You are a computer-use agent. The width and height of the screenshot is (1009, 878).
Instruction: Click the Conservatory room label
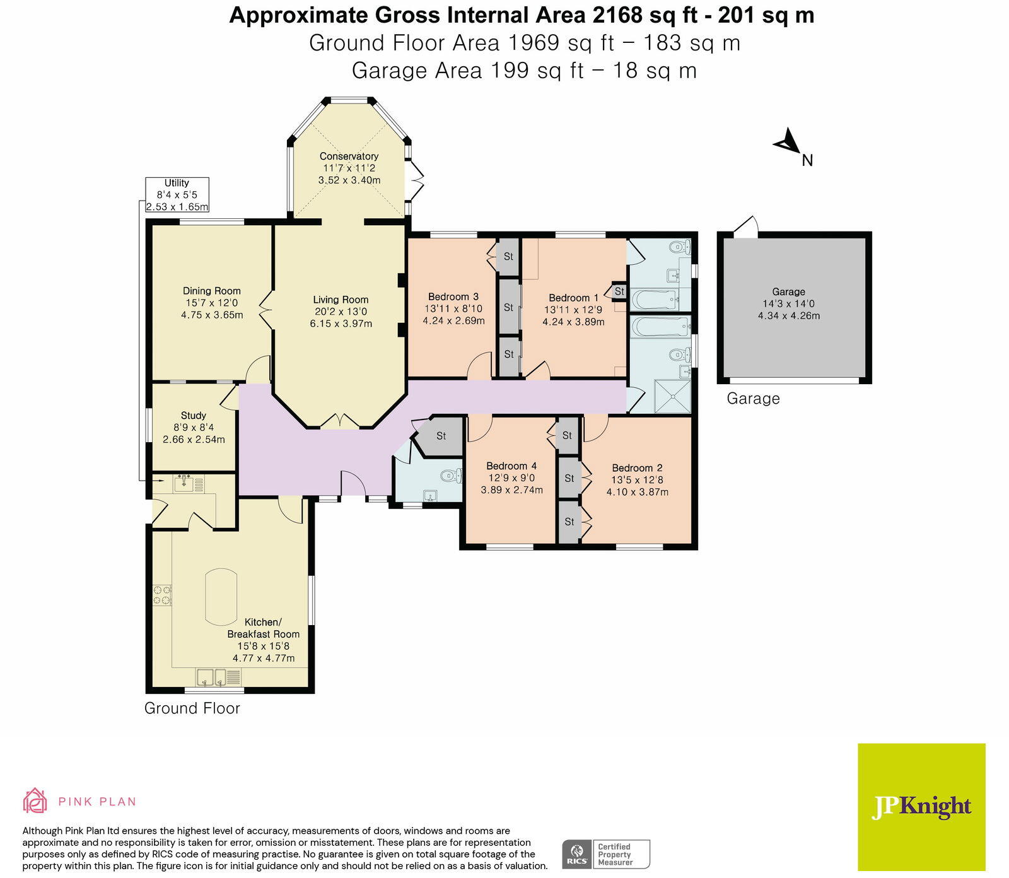[349, 156]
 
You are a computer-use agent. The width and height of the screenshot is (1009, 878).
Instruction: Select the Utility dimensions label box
[177, 195]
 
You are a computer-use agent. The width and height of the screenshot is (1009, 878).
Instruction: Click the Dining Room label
[212, 291]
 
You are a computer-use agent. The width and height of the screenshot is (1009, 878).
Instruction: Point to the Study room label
[194, 416]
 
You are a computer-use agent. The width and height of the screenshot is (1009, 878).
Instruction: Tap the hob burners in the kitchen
[162, 595]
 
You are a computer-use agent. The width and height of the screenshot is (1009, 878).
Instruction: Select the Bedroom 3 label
[453, 296]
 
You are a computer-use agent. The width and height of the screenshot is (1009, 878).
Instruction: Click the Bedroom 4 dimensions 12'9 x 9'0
[511, 478]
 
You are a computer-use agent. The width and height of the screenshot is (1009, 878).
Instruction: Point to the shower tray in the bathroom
[672, 396]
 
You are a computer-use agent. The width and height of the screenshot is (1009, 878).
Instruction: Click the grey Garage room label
[789, 291]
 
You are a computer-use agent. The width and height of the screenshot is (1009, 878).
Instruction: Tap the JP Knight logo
[921, 807]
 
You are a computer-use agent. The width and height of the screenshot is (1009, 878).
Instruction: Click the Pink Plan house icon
[35, 800]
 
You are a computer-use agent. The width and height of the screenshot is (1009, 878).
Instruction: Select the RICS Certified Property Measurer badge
[606, 855]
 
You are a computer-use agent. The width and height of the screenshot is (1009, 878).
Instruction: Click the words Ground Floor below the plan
[192, 708]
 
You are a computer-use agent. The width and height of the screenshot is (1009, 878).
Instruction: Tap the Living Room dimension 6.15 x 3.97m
[341, 324]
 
